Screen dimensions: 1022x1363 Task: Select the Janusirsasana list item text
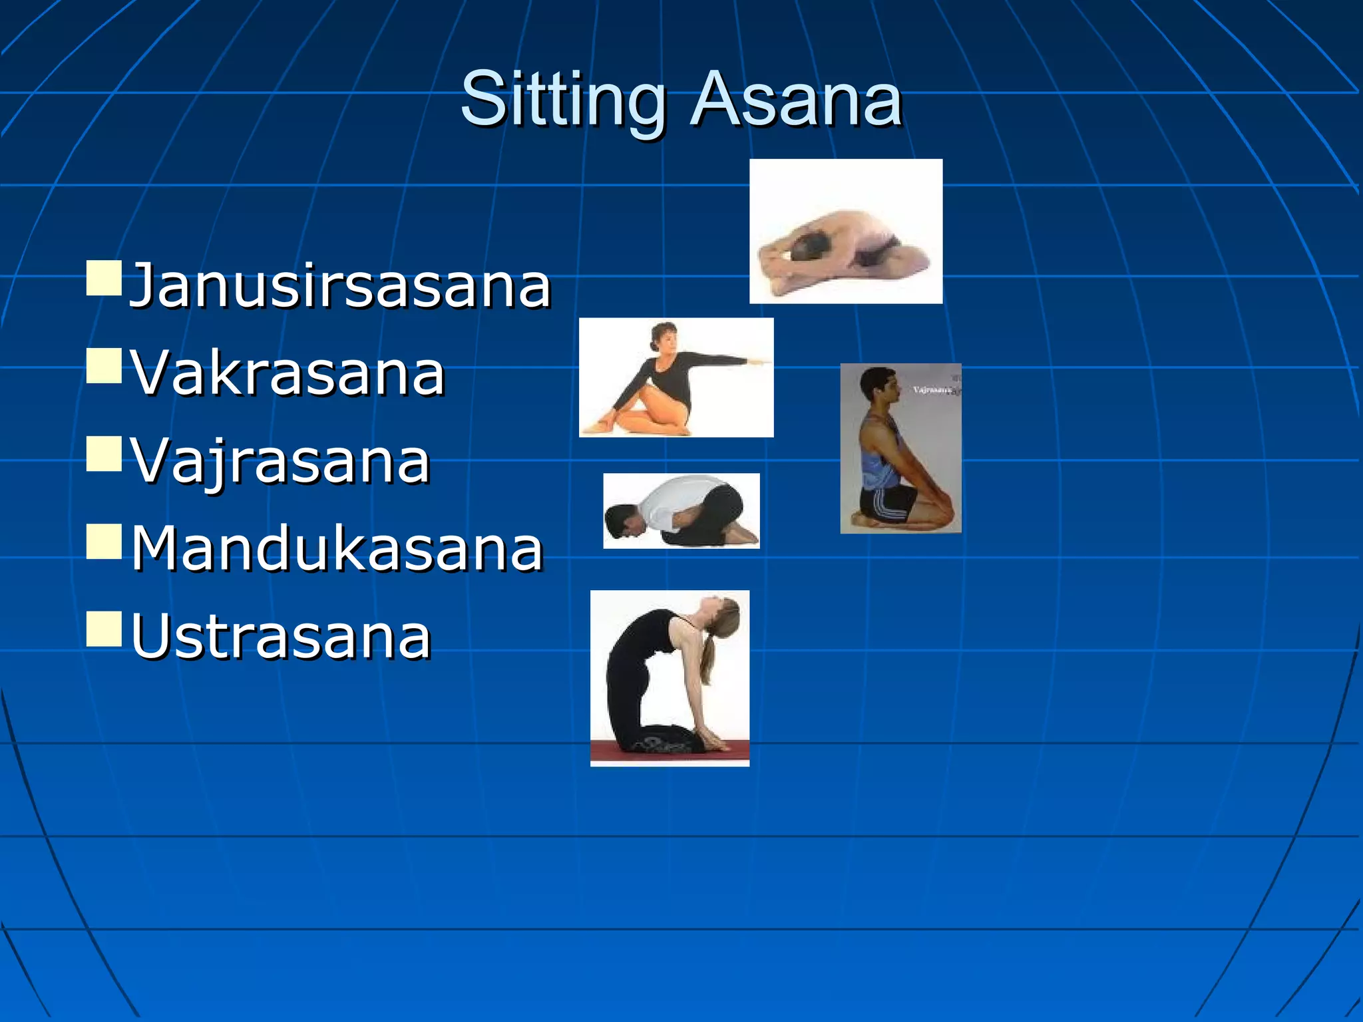339,286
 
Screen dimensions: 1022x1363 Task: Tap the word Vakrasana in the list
288,373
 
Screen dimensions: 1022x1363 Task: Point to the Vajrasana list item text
280,461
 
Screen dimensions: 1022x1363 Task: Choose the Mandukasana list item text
337,549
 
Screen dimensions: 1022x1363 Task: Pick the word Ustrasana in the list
281,637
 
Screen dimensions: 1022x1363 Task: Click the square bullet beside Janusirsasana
104,278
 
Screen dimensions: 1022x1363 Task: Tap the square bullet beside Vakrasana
104,366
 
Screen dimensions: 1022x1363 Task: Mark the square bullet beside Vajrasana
104,454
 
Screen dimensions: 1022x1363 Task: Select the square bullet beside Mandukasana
104,541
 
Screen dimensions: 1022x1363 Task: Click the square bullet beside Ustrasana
104,629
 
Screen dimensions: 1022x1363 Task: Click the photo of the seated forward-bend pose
845,232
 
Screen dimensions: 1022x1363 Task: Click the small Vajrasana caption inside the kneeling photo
932,390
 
